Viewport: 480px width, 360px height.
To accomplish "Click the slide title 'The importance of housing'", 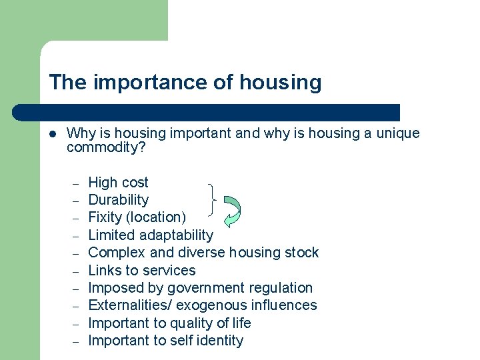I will point(185,83).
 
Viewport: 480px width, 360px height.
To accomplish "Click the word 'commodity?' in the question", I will point(106,147).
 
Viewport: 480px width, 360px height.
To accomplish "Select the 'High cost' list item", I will point(118,183).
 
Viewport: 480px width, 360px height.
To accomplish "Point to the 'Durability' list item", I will point(118,200).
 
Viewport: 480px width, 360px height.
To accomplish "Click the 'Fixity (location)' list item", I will point(137,217).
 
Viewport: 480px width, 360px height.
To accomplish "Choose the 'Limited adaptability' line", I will point(151,235).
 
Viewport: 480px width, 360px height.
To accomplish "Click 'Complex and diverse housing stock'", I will point(203,253).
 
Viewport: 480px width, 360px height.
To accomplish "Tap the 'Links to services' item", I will point(142,270).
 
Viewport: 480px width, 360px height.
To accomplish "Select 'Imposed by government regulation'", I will point(200,288).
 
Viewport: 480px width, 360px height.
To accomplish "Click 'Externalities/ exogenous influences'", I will point(203,305).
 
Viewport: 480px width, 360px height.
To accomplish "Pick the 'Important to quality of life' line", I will point(169,323).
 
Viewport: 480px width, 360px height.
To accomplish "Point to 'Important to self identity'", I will point(165,341).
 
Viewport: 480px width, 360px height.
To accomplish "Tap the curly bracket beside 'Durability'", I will point(212,200).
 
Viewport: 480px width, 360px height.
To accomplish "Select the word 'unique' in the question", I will point(398,133).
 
